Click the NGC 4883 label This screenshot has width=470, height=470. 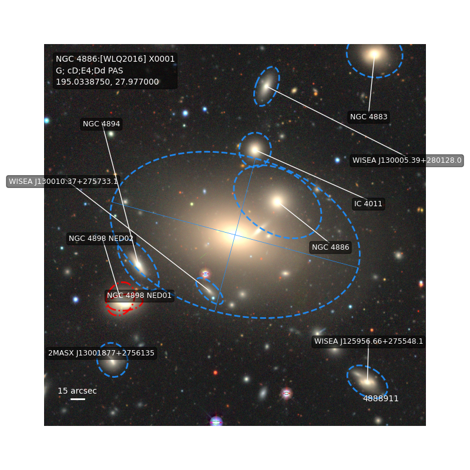click(368, 116)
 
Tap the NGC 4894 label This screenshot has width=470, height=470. click(101, 124)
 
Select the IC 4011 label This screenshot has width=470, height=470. click(368, 204)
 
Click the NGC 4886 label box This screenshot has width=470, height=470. click(330, 247)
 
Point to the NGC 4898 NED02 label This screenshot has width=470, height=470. click(101, 239)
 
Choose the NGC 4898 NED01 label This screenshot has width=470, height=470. click(139, 296)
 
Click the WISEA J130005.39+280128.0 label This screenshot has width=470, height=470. click(407, 160)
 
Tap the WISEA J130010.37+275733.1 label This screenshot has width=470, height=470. click(63, 182)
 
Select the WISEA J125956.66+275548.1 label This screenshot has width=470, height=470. click(368, 341)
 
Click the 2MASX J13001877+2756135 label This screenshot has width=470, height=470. click(101, 353)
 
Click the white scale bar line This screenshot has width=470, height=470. click(78, 399)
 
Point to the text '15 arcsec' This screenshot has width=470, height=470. click(78, 391)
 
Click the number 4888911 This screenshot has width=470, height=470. click(381, 399)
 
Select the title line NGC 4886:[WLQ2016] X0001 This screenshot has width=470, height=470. click(115, 59)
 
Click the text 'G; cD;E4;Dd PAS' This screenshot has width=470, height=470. click(89, 70)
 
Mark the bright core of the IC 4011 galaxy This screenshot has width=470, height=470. click(255, 150)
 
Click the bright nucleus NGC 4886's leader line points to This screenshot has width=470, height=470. click(277, 201)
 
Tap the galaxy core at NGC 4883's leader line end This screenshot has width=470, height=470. click(374, 54)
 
